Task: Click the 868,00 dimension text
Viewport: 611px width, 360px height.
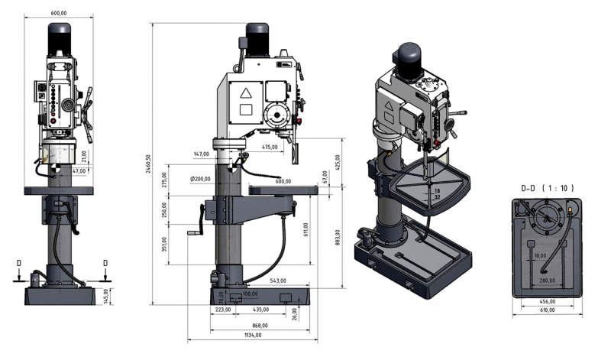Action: pyautogui.click(x=260, y=325)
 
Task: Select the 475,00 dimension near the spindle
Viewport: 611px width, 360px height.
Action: pyautogui.click(x=269, y=147)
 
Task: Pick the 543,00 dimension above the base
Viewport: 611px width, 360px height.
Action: pyautogui.click(x=278, y=281)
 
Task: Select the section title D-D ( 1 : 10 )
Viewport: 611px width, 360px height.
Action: pyautogui.click(x=547, y=188)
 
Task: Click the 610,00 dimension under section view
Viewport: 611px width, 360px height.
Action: pyautogui.click(x=546, y=310)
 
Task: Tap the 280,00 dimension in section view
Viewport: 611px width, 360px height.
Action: pyautogui.click(x=546, y=281)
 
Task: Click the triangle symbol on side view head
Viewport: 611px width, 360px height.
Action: pyautogui.click(x=245, y=93)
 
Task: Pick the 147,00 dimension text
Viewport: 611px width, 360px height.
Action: pyautogui.click(x=201, y=154)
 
